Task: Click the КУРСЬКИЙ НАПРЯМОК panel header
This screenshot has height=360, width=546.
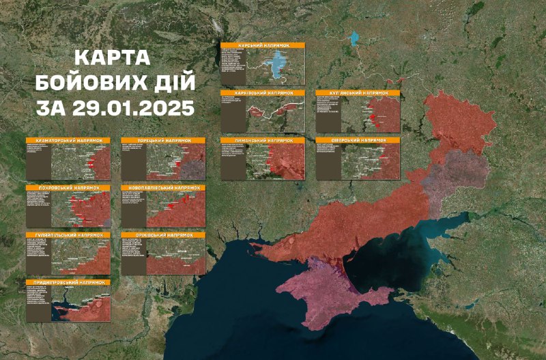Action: click(263, 45)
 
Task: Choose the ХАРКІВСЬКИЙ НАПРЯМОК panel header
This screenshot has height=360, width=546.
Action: click(263, 92)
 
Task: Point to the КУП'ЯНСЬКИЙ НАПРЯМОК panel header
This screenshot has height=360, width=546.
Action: click(358, 92)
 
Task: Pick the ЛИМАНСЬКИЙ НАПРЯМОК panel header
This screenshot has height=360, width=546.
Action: click(263, 140)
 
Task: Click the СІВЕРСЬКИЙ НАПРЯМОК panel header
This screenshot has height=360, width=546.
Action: click(358, 140)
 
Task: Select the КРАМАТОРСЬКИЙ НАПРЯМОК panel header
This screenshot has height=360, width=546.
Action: click(68, 140)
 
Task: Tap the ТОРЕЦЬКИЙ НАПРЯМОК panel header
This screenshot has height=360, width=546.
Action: click(163, 140)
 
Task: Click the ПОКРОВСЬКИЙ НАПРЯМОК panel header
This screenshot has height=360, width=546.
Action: click(68, 187)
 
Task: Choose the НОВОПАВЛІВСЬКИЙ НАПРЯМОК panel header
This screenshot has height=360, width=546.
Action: click(163, 187)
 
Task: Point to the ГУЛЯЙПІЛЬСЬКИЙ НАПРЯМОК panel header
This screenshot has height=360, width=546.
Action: click(68, 235)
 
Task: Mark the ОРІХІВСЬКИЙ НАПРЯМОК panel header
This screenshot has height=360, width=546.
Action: click(163, 235)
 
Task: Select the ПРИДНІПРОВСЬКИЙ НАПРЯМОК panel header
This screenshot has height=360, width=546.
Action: click(68, 282)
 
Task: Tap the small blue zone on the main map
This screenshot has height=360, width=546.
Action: click(355, 39)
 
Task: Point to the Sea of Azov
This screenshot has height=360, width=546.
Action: click(403, 249)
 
